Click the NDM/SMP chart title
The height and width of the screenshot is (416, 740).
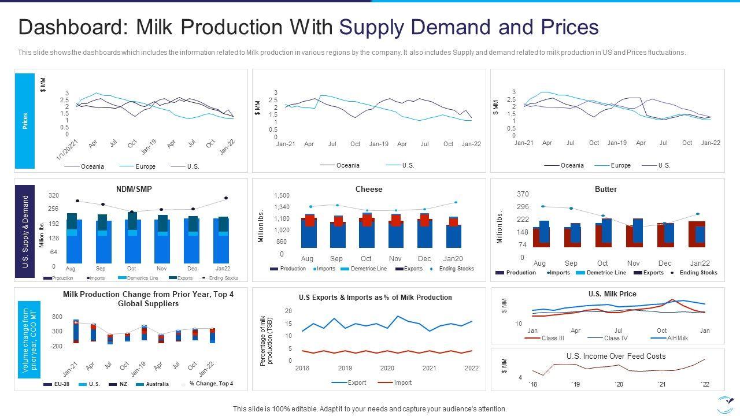(134, 189)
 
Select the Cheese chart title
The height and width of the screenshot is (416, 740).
(369, 189)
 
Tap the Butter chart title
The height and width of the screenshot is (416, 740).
(606, 189)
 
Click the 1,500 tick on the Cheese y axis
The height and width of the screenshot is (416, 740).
(282, 195)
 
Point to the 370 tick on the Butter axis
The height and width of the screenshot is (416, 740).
(523, 194)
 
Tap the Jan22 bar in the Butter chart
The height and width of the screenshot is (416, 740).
(697, 234)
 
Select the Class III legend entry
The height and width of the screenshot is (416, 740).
(552, 338)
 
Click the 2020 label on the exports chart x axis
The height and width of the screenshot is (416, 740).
(387, 368)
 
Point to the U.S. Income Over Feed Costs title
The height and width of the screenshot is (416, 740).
(616, 356)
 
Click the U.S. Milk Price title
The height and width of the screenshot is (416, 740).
(612, 294)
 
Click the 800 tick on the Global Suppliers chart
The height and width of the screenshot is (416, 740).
(57, 317)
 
